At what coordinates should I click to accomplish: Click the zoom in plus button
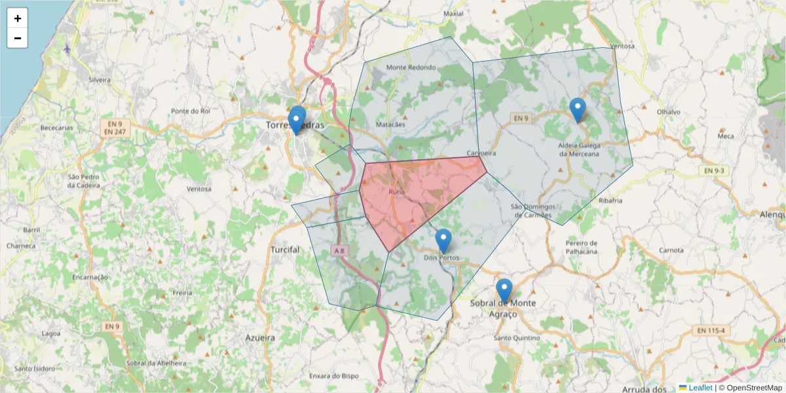18,18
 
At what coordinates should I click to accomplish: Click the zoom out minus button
18,39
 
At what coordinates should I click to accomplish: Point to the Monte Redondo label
411,67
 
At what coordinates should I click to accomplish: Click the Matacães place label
391,124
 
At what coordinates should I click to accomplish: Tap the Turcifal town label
285,250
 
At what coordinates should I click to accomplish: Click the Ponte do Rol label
190,111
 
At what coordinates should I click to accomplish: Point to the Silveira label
99,79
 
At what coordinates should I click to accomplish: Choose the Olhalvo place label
668,112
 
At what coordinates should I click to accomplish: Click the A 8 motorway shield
338,250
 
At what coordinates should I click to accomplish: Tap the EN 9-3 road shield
714,171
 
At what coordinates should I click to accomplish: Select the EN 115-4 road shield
711,330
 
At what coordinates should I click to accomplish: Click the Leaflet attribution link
700,388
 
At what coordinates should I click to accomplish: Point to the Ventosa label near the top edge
622,47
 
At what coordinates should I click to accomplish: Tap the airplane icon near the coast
67,48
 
